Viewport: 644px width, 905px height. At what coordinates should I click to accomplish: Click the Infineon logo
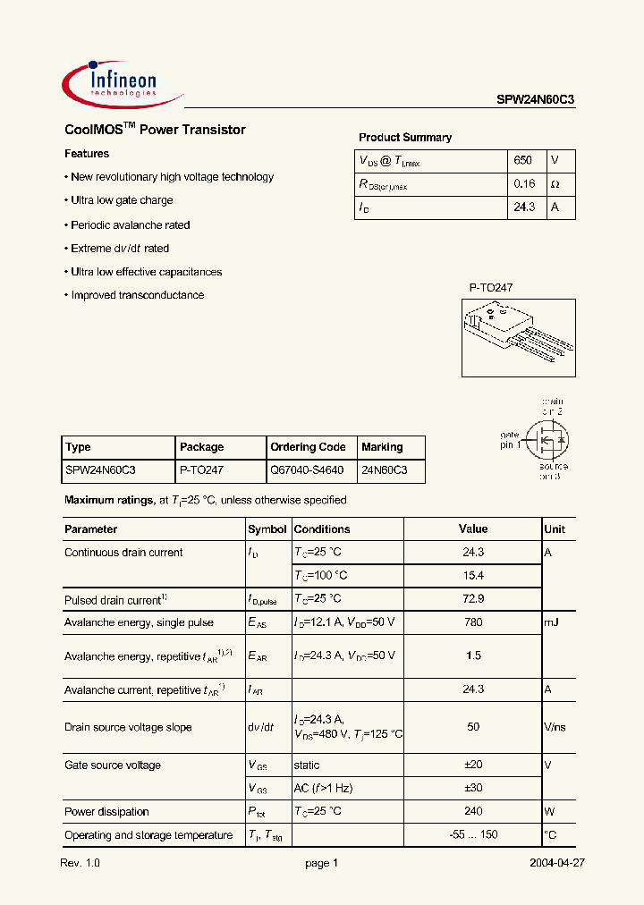tap(111, 82)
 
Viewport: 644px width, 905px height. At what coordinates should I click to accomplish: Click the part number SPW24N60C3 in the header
tap(536, 101)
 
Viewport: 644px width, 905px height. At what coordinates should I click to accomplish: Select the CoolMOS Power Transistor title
tap(155, 130)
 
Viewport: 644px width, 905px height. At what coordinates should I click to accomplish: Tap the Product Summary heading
tap(404, 138)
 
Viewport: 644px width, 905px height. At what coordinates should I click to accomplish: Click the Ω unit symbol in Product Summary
tap(555, 184)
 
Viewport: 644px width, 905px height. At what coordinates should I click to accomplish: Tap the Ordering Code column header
tap(307, 447)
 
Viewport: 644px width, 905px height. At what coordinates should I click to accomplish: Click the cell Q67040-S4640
tap(307, 469)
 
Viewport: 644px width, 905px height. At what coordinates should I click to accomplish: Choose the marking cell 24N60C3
tap(384, 469)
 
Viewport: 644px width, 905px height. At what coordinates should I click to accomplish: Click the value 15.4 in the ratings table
tap(473, 575)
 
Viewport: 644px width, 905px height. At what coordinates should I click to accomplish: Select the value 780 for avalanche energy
tap(473, 622)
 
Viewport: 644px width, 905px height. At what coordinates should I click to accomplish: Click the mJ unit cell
tap(551, 622)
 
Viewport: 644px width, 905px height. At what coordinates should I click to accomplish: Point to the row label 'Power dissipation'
tap(106, 812)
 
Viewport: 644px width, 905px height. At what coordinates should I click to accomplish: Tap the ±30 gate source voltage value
tap(473, 788)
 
